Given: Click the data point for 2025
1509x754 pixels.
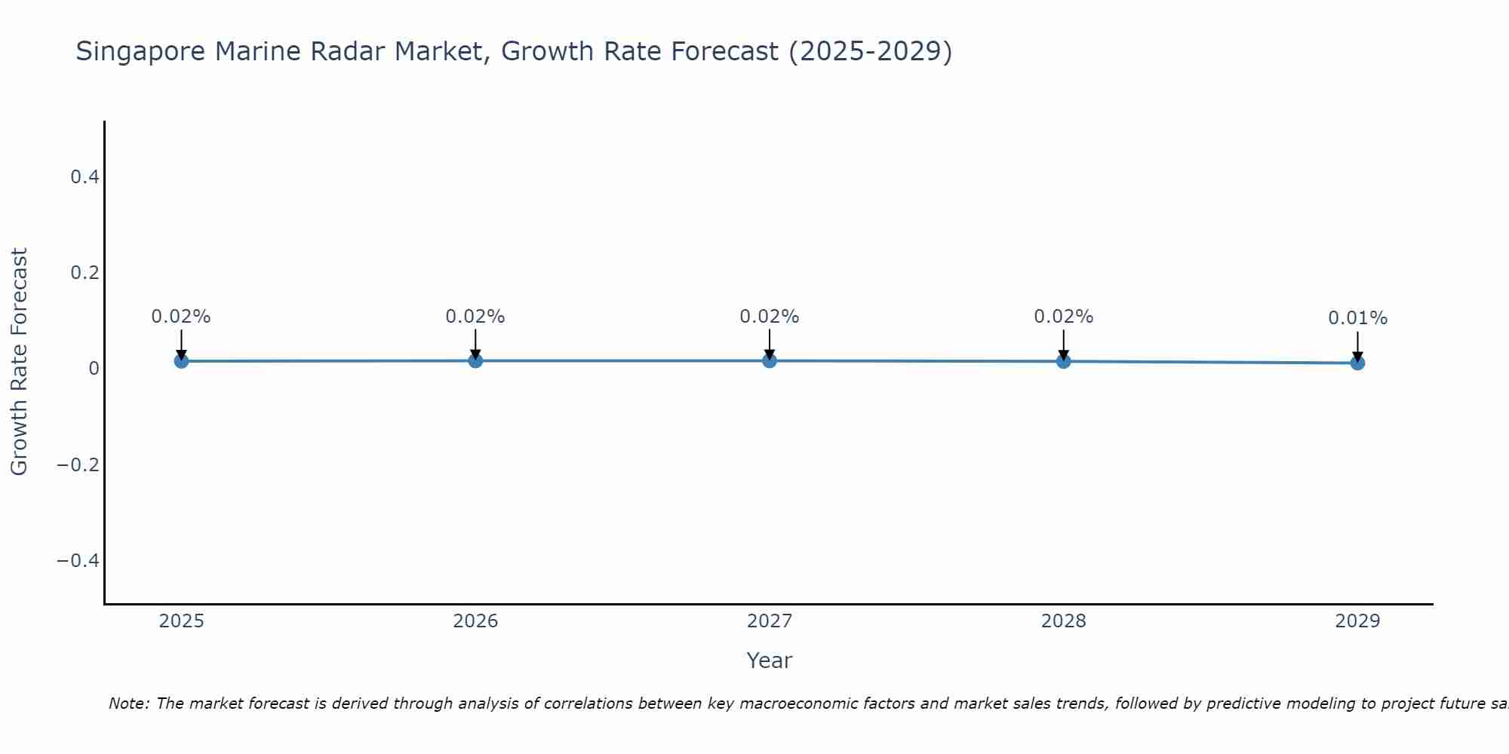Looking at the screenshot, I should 181,361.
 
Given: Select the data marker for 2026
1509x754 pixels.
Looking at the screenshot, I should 475,360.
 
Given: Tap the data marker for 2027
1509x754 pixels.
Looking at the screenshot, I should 770,360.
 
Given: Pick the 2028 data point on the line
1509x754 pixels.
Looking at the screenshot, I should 1063,361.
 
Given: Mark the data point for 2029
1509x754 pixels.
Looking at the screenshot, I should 1357,363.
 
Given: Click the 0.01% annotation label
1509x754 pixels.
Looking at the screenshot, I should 1357,318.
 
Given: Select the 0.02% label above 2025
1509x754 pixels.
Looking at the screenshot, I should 181,317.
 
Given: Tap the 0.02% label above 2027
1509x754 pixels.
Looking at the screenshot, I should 770,317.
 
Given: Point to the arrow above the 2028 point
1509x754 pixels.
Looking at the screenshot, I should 1063,344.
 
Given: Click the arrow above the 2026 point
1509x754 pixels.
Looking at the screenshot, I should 475,344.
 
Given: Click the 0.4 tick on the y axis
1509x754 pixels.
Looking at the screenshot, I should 85,177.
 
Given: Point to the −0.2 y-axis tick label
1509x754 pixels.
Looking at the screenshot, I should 78,464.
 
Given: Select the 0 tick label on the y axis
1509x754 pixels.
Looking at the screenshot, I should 94,369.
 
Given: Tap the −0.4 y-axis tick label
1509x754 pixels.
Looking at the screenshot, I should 78,560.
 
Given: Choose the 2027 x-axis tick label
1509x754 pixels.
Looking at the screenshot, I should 770,621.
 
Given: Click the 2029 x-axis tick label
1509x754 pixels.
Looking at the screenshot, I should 1357,621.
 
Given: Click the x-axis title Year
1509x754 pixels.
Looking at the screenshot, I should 769,661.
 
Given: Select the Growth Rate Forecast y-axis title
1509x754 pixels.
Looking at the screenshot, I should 20,361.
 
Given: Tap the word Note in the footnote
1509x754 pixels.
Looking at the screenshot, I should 129,703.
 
